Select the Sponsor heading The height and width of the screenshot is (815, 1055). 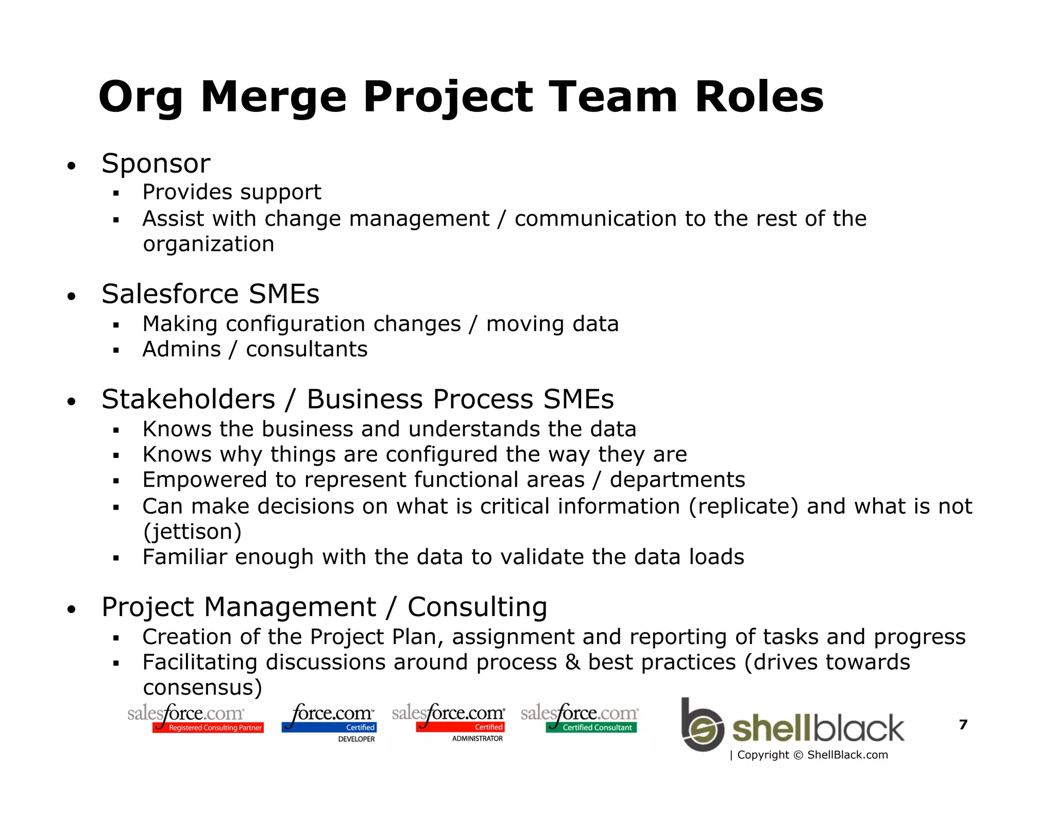[156, 164]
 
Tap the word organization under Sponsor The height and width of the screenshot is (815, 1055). [208, 244]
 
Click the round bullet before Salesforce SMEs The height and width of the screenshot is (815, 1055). [72, 296]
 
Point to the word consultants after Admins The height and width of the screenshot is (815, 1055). [307, 349]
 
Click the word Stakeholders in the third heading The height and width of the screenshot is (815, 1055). [189, 399]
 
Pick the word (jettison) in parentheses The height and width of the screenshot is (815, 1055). [192, 532]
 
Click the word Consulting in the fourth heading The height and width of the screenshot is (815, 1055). [477, 607]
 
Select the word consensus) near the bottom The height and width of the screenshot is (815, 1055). [202, 688]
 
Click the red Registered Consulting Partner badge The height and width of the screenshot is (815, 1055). [208, 727]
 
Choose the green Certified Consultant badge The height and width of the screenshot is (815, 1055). [591, 727]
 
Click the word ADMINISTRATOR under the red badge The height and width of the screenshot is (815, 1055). [477, 739]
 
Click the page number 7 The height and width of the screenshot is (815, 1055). [963, 725]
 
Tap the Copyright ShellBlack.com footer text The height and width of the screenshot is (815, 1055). [809, 755]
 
